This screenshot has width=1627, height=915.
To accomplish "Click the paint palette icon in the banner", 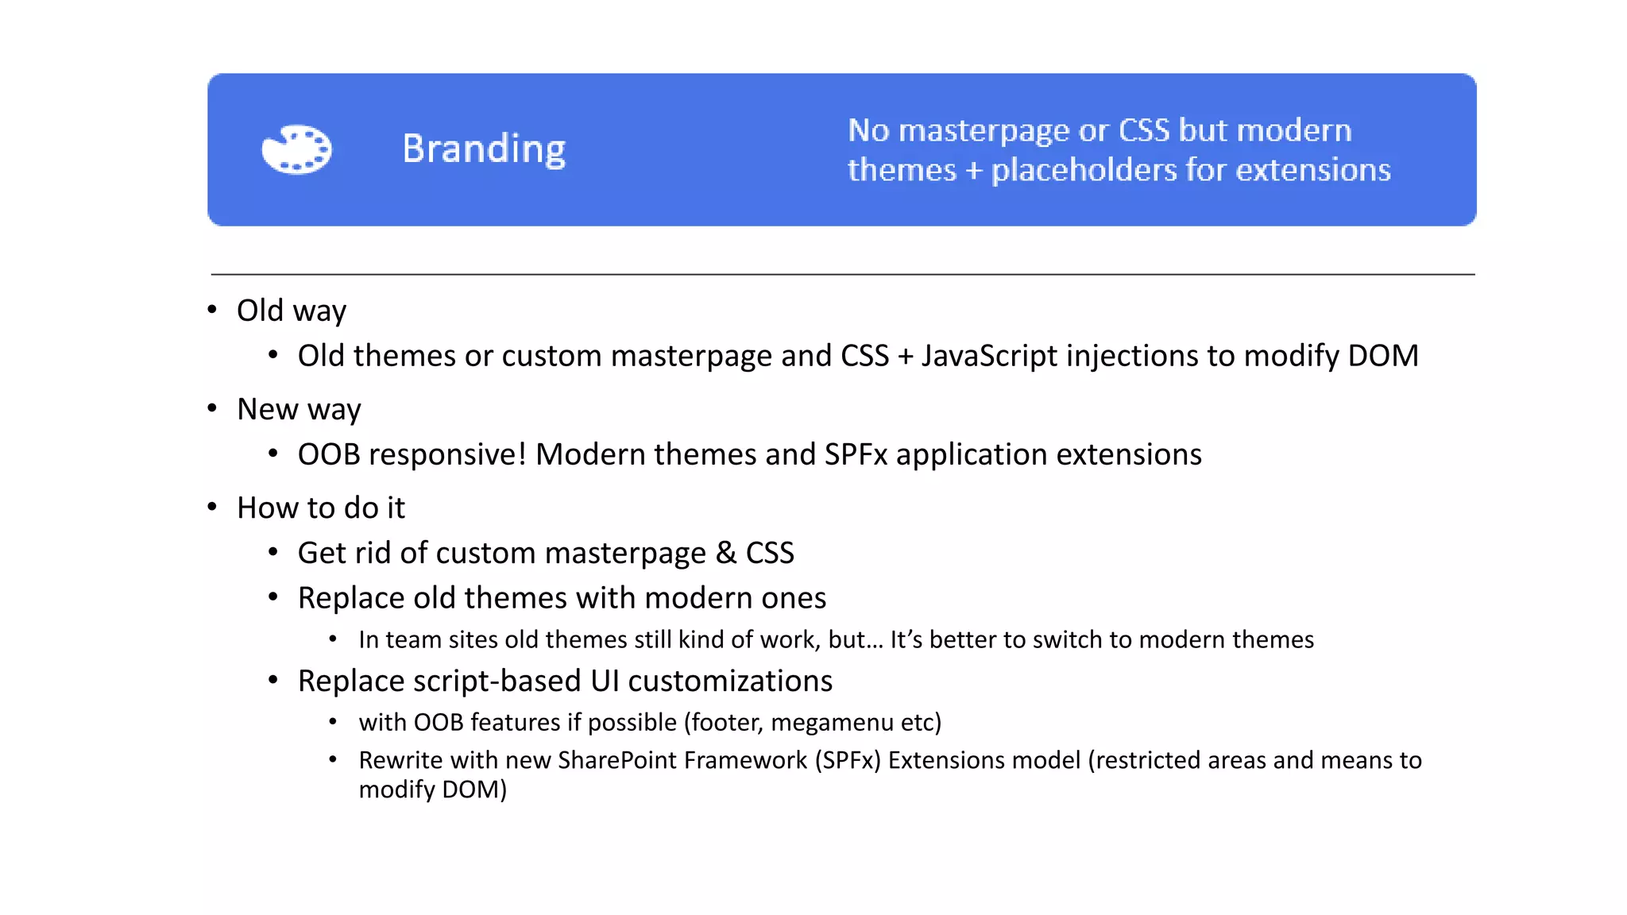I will pos(296,149).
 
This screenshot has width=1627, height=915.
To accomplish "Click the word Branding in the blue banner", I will pos(484,149).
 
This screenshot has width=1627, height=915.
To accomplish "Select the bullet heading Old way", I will pos(292,311).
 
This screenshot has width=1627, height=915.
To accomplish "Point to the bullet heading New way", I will pos(299,409).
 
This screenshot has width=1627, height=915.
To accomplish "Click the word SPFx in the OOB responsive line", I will pos(856,454).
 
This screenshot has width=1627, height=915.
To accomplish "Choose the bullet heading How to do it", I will pos(321,508).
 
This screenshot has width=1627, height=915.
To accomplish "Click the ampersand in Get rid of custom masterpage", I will pos(725,553).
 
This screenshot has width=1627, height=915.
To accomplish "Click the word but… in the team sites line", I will pos(856,639).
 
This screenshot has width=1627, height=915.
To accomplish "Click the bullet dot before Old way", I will pos(212,310).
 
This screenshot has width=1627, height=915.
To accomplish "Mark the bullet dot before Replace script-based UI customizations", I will pos(273,680).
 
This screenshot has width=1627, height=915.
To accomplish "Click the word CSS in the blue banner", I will pos(1144,130).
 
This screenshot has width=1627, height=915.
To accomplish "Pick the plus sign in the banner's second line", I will pos(974,171).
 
